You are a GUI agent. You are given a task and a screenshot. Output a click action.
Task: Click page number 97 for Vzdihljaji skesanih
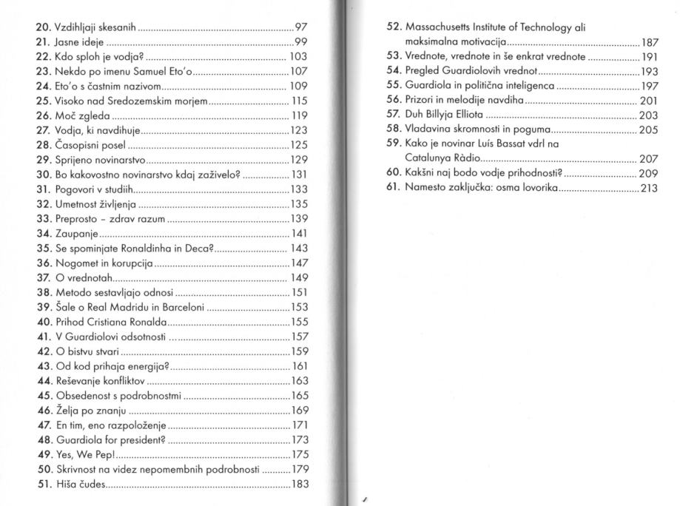[x=300, y=27]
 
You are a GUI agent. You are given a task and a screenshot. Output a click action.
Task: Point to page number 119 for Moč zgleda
[x=297, y=115]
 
